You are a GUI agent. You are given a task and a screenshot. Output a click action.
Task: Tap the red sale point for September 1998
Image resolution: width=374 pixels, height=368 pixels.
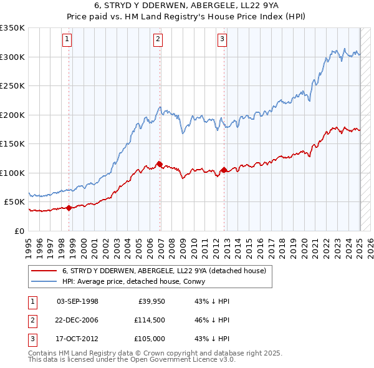point(69,208)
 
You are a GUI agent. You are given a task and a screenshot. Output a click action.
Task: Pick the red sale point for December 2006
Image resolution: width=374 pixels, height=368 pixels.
point(160,165)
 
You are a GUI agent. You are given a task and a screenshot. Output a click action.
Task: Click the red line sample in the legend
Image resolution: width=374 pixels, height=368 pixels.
point(44,271)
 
